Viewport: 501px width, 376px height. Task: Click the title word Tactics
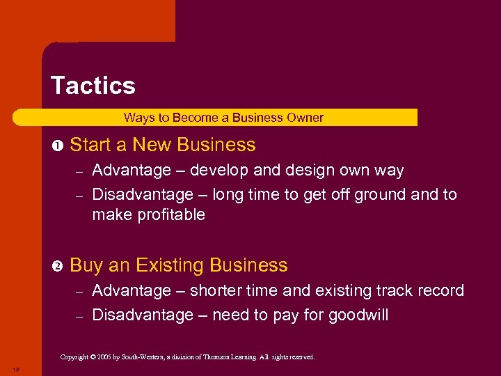tap(93, 86)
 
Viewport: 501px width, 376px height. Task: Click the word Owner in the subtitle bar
tap(306, 118)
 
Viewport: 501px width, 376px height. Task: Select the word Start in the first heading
tap(91, 145)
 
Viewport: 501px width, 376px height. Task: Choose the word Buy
tap(87, 266)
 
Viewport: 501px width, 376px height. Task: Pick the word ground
tap(382, 194)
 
